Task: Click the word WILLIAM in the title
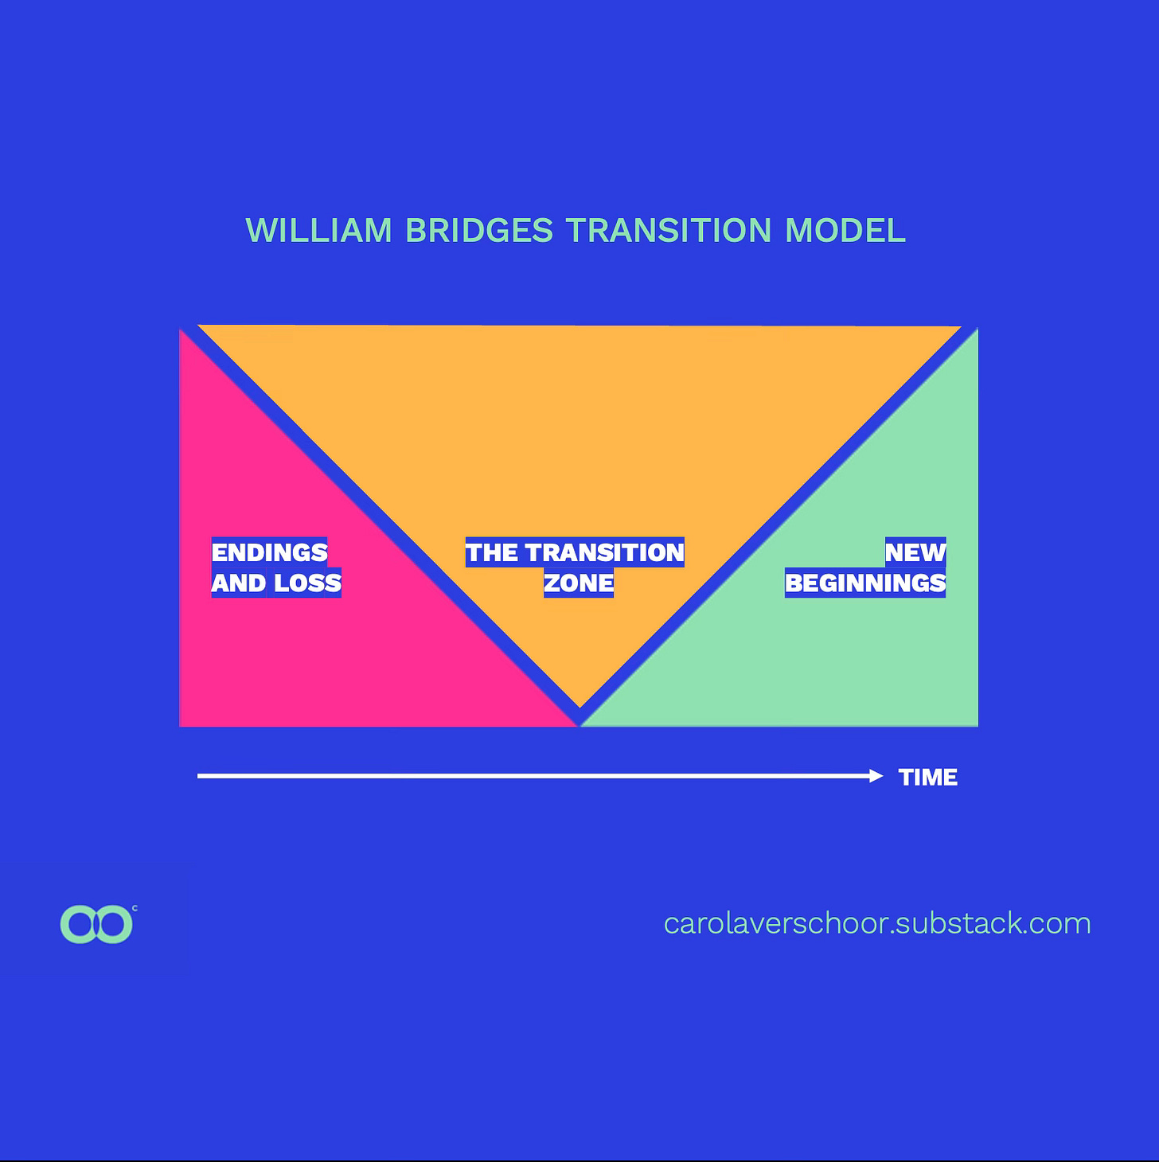tap(318, 231)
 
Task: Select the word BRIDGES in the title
tap(479, 231)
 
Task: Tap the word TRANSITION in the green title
tap(669, 231)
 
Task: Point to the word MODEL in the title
tap(845, 231)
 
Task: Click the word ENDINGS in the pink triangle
tap(269, 552)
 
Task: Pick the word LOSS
tap(308, 583)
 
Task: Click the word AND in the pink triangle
tap(239, 583)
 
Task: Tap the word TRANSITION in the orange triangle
tap(605, 552)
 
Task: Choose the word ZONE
tap(579, 583)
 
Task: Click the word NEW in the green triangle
tap(915, 552)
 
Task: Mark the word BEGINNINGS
tap(865, 583)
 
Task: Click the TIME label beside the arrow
tap(928, 777)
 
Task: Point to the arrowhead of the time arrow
tap(876, 776)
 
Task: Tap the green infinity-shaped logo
tap(96, 924)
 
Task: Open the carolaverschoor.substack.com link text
tap(877, 923)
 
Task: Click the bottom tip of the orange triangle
tap(580, 704)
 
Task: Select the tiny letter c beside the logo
tap(135, 908)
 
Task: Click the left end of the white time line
tap(200, 776)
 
